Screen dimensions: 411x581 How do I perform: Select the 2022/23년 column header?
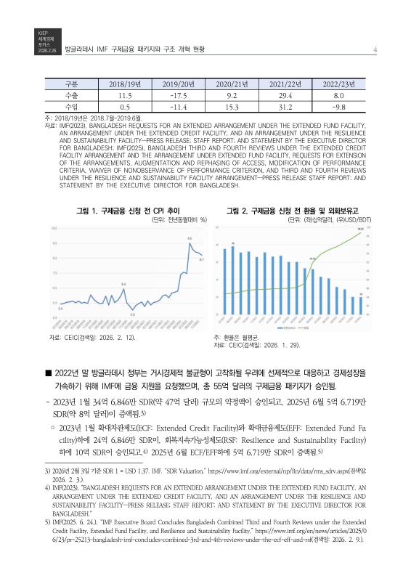(338, 84)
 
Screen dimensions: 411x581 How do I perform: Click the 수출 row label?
(72, 95)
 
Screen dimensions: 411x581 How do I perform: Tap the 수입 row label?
(72, 107)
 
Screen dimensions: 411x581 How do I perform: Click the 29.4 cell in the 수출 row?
(285, 95)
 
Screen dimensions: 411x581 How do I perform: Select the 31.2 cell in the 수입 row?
(285, 107)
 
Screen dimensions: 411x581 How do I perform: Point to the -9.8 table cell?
(338, 107)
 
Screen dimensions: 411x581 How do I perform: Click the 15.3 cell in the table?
(229, 107)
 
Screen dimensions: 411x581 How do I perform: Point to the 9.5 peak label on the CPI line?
(190, 238)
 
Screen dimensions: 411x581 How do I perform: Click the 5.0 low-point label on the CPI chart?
(132, 314)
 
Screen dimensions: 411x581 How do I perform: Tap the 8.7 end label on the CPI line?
(201, 259)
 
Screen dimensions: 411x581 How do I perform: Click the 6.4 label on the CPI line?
(123, 283)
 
